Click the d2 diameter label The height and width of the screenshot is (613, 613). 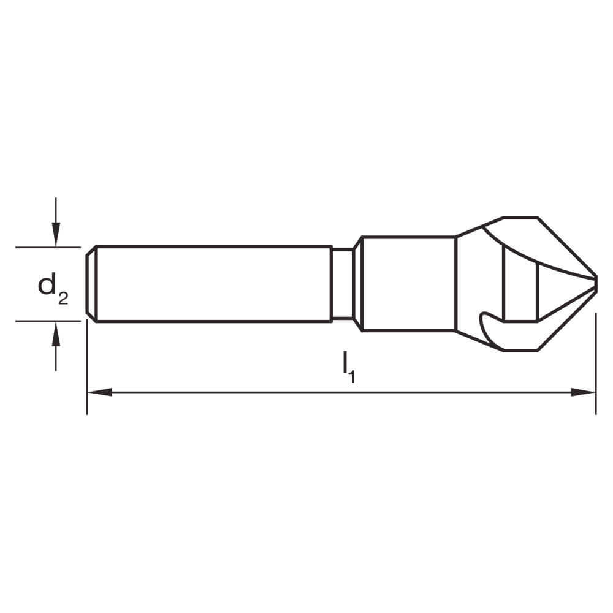[53, 287]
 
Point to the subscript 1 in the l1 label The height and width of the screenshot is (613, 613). [352, 376]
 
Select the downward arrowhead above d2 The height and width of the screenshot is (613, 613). [56, 235]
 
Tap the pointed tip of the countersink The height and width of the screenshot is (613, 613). [595, 284]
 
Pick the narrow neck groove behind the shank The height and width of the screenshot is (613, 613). [343, 284]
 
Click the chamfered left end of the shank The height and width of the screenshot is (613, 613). [90, 284]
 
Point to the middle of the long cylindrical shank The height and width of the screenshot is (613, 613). [211, 284]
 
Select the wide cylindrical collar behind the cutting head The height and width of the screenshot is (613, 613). [408, 284]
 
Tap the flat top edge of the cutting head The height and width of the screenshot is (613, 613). [520, 217]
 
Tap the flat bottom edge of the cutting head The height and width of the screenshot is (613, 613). [520, 351]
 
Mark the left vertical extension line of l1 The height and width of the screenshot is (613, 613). [87, 368]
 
